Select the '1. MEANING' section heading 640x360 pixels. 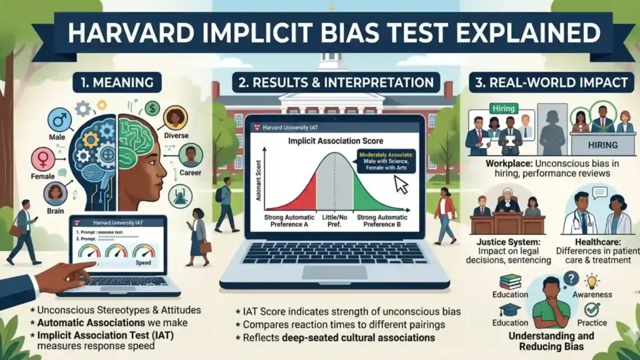(x=117, y=82)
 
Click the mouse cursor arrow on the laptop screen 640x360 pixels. (x=401, y=184)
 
